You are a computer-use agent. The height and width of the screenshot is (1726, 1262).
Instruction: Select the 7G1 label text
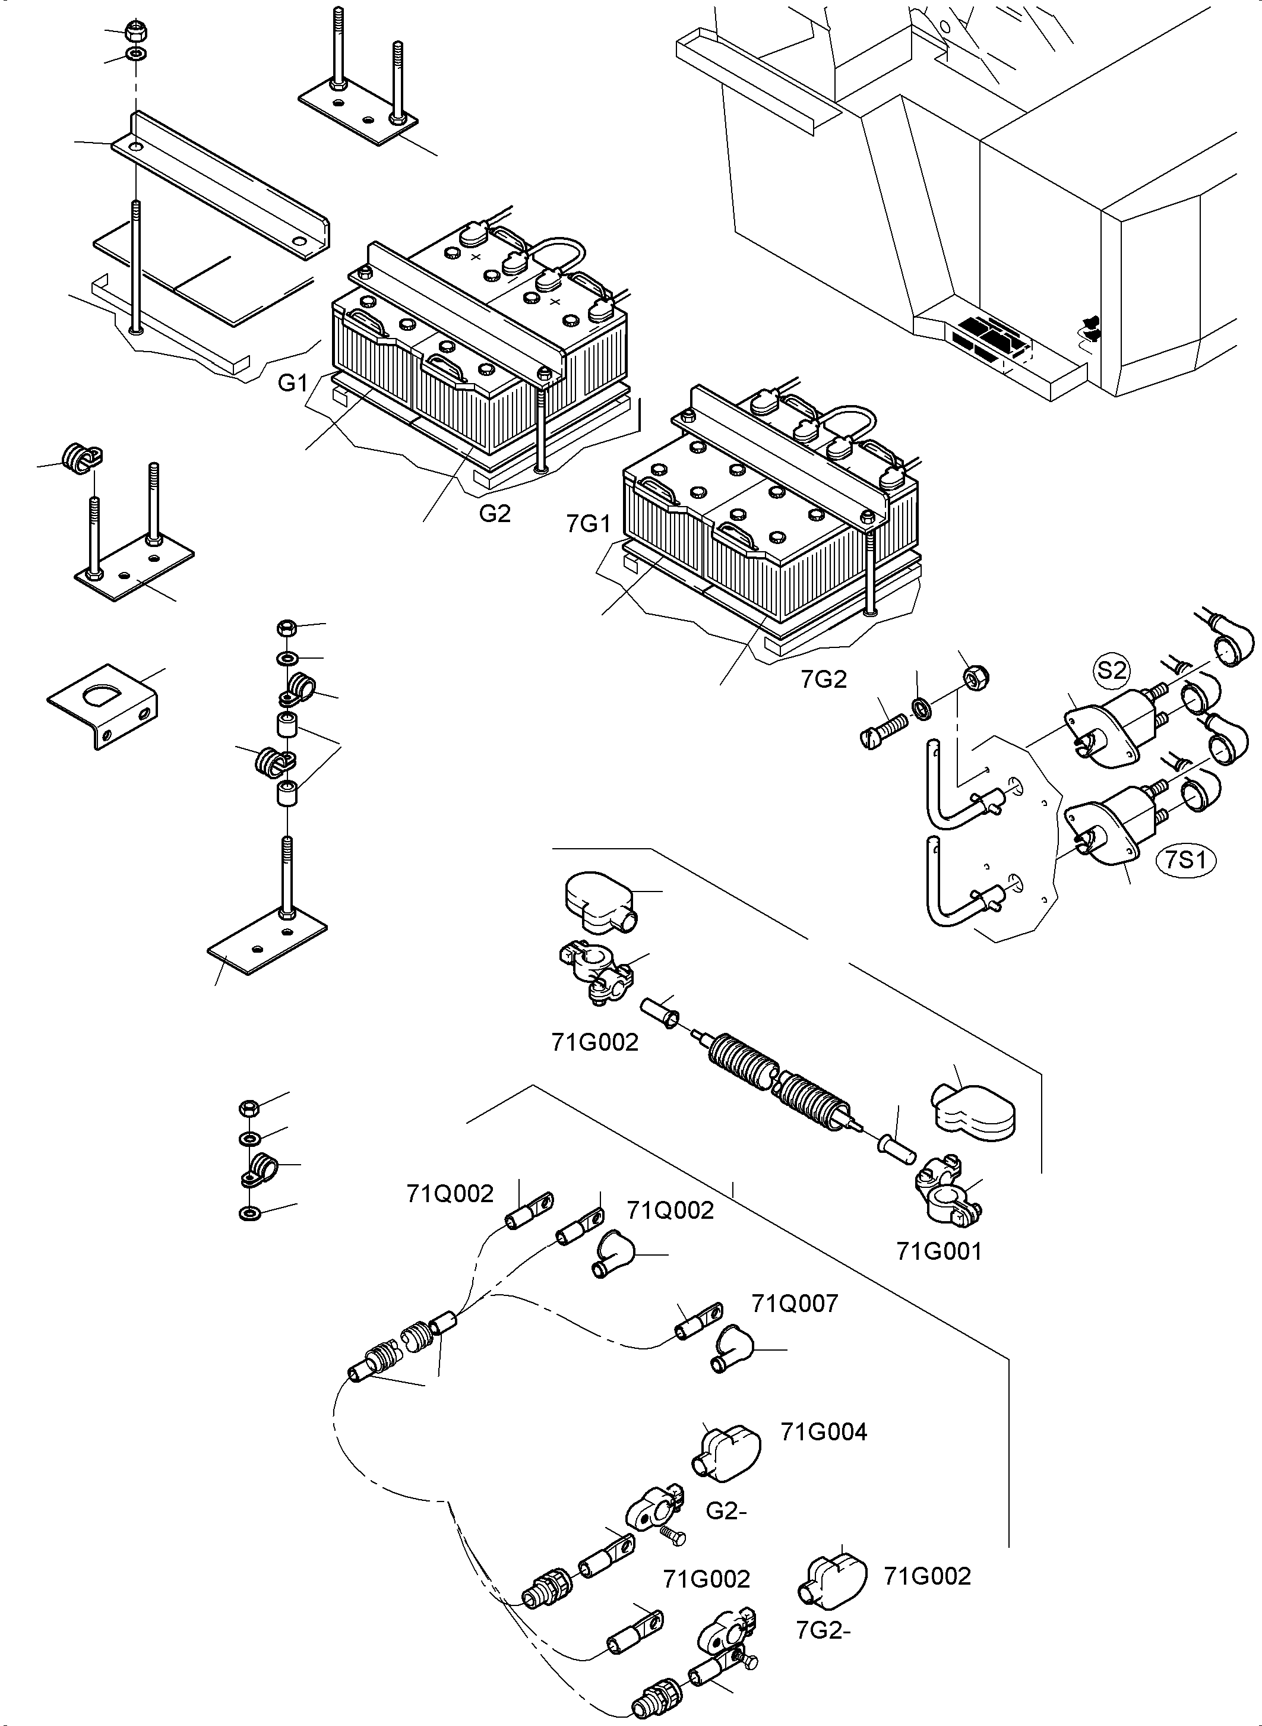tap(589, 524)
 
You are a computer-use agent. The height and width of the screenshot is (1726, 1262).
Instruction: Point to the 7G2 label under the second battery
tap(824, 679)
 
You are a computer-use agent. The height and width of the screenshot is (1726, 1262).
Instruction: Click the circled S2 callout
tap(1112, 670)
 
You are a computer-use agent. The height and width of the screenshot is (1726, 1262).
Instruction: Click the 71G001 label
tap(939, 1251)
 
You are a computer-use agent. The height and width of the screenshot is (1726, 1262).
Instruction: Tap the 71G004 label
tap(824, 1432)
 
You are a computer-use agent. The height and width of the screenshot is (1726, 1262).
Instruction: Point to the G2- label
tap(726, 1512)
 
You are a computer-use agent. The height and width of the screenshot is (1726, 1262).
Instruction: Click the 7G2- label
tap(824, 1630)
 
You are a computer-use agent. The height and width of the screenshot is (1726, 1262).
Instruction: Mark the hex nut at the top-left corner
tap(136, 31)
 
